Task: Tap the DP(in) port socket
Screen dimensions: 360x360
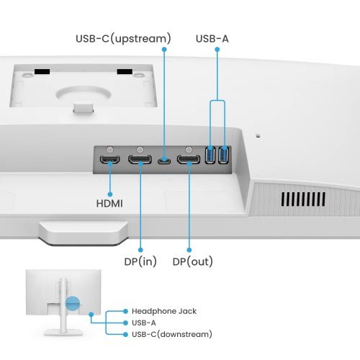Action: tap(140, 159)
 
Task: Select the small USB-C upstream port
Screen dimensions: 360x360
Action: tap(164, 160)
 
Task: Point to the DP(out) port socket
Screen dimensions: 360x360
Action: tap(189, 159)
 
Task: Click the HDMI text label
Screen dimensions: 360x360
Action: tap(109, 204)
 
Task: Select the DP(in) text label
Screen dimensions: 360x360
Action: tap(137, 261)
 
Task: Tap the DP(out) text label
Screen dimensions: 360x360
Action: tap(192, 261)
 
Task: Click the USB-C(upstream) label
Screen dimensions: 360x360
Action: tap(125, 37)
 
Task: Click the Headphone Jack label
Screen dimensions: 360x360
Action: tap(164, 311)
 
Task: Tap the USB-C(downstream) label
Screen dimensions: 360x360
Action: tap(172, 334)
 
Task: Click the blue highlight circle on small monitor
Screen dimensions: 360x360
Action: tap(72, 305)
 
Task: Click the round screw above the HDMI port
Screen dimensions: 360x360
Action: tap(110, 149)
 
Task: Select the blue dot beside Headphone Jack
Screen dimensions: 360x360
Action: tap(125, 311)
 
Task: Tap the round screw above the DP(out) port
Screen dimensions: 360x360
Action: tap(189, 149)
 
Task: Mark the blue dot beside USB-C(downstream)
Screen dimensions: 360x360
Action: tap(125, 334)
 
